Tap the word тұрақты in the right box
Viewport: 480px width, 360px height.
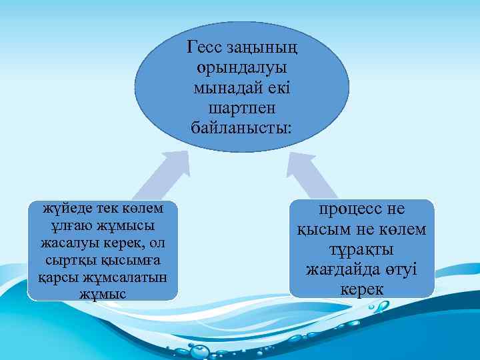[x=362, y=249]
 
